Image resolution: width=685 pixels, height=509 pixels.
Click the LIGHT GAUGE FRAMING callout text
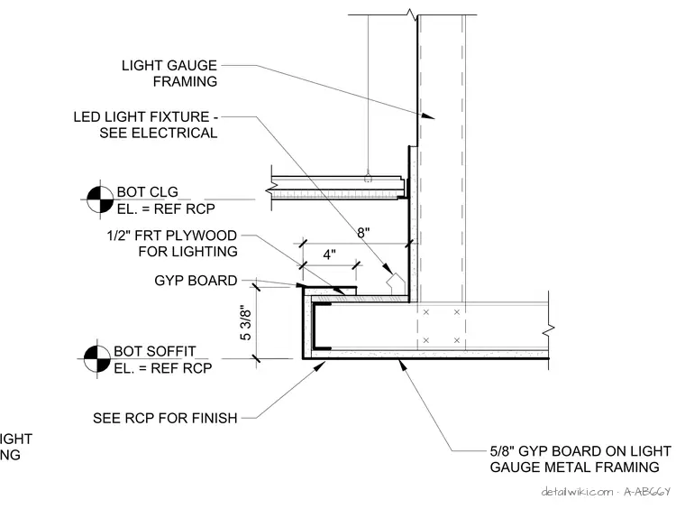click(x=169, y=73)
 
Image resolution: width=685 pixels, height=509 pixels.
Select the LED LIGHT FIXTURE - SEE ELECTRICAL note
click(x=145, y=125)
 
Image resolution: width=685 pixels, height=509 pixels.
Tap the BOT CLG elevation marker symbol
click(x=100, y=199)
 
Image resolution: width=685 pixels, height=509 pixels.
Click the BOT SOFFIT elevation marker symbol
click(x=97, y=358)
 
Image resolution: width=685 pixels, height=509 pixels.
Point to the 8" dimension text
click(x=363, y=233)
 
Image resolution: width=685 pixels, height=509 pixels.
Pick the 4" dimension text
click(x=329, y=255)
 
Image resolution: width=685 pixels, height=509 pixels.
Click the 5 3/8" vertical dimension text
click(x=246, y=324)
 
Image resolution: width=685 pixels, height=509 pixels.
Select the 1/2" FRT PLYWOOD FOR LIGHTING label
click(x=172, y=244)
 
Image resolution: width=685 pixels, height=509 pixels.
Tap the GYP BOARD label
click(x=196, y=281)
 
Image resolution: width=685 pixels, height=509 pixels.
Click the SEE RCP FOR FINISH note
click(x=165, y=418)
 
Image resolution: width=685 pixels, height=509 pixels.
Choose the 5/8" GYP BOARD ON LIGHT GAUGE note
click(x=580, y=459)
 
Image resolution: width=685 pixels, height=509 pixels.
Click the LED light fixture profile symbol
click(x=396, y=284)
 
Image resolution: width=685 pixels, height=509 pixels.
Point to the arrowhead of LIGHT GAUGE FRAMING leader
click(x=428, y=116)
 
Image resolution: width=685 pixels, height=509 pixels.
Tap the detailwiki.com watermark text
click(x=606, y=492)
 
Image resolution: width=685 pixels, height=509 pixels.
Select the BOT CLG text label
click(x=147, y=192)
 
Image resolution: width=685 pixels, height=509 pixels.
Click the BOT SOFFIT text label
click(x=155, y=351)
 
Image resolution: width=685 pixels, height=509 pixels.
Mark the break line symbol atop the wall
click(x=413, y=14)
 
